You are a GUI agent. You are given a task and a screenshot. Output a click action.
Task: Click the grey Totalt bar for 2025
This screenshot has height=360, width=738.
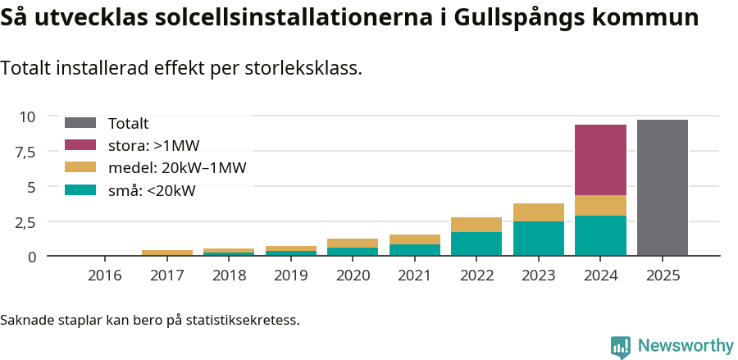(662, 188)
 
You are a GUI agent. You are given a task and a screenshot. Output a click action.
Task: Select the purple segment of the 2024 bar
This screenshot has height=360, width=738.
(600, 160)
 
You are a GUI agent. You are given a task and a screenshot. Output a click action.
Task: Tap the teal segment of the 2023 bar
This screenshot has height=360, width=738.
(538, 239)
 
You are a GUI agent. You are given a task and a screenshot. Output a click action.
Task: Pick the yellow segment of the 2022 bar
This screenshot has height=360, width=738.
(476, 225)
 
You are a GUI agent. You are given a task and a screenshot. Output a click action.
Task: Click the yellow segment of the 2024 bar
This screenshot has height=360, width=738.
(600, 206)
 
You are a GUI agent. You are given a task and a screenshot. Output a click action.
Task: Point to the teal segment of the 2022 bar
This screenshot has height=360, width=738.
(476, 244)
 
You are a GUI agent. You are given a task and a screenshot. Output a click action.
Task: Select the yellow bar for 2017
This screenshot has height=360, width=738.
(166, 253)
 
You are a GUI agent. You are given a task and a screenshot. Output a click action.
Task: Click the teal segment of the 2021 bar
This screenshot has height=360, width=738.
(414, 250)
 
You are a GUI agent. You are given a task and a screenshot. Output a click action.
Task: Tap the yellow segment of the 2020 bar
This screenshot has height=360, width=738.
(353, 243)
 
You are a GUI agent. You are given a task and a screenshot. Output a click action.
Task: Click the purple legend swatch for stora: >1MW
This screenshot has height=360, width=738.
(80, 145)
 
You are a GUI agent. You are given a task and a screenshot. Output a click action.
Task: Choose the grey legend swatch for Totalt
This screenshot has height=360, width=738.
(80, 123)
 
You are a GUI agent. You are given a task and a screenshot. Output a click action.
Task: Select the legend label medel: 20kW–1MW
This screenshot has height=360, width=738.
(177, 168)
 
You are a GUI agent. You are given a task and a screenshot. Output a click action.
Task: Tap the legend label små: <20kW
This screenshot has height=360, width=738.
(152, 191)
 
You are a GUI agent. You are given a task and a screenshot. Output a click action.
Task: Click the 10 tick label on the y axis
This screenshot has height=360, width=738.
(28, 116)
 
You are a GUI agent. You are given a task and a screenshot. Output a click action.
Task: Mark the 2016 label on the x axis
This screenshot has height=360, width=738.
(104, 276)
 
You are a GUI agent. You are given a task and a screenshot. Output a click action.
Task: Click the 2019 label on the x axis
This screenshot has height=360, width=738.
(290, 276)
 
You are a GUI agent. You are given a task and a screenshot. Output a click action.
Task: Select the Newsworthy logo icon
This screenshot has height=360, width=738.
(621, 346)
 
